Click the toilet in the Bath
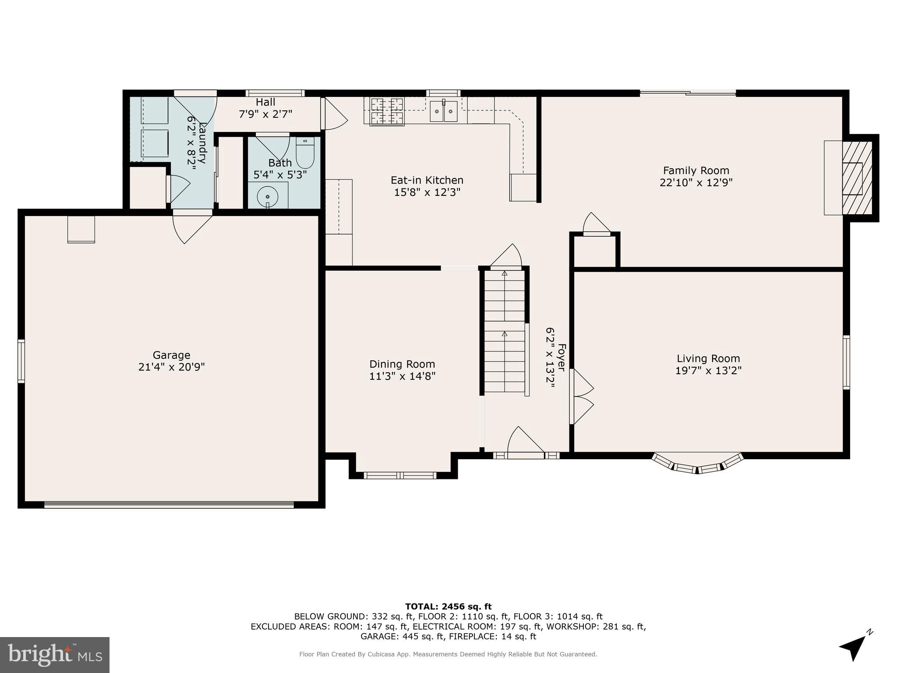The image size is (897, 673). (305, 154)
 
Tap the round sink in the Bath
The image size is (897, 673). (268, 196)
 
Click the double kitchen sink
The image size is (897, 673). (444, 111)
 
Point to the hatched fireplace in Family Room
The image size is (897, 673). (857, 178)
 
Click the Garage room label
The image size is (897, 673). (171, 355)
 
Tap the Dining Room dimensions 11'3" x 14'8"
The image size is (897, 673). (402, 376)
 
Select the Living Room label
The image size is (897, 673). (708, 358)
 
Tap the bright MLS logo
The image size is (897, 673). (55, 655)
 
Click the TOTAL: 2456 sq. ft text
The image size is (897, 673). (448, 607)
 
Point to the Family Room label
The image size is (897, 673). (696, 170)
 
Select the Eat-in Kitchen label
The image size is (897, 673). (427, 180)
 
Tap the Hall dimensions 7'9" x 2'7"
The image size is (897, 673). (265, 114)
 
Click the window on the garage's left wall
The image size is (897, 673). (21, 361)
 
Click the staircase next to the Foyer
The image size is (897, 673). (505, 331)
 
